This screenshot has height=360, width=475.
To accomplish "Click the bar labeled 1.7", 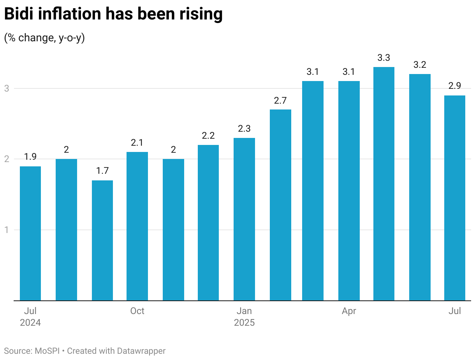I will point(102,240).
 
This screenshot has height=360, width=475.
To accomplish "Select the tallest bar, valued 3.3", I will point(384,184).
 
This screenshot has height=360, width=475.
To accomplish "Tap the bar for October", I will point(137,226).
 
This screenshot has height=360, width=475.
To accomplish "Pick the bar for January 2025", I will point(244,219).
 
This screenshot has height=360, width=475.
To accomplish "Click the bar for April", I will point(349,191).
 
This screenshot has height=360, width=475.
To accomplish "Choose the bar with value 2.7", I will point(280,205).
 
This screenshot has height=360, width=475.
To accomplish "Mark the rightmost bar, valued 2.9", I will point(455,198).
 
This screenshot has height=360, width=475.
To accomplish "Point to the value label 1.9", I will point(30,157).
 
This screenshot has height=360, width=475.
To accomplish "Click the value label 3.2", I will point(420,65).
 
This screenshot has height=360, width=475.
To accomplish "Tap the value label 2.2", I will point(208,136).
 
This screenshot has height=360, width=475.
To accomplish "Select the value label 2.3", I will point(244,129).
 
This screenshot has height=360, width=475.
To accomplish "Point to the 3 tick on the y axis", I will point(7,88).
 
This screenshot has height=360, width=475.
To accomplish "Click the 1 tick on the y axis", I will point(7,230).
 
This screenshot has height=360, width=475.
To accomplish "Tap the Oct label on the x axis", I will point(137,311).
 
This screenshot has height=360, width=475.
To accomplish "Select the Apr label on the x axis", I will point(349,311).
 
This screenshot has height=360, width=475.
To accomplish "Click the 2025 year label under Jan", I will point(244,323).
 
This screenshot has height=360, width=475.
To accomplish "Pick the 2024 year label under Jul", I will point(30,323).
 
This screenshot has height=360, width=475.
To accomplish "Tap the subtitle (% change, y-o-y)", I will point(44,38).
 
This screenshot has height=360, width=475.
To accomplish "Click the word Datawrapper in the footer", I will point(141,351).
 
